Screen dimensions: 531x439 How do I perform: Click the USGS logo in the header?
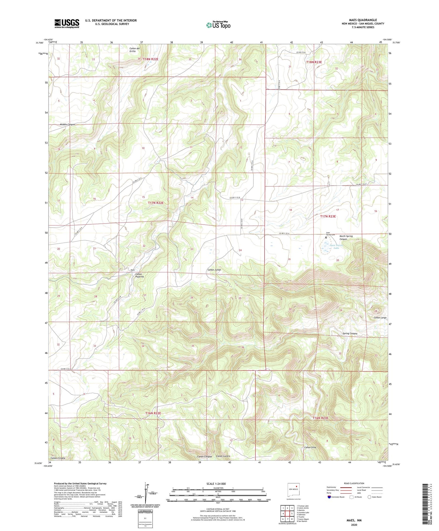tap(67, 23)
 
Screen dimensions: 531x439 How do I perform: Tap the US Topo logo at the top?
tap(218, 25)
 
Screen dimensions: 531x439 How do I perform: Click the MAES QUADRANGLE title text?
tap(363, 20)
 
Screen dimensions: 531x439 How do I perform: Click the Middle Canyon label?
tap(67, 124)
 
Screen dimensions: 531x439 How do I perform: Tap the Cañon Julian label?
tap(214, 270)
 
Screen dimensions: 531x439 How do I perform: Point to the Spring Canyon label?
tap(350, 334)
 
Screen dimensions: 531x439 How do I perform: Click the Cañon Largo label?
tap(380, 317)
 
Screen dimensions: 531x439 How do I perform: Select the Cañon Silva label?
tap(310, 448)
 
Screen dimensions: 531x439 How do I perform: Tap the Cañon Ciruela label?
tap(58, 458)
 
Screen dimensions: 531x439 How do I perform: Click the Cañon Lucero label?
tap(223, 456)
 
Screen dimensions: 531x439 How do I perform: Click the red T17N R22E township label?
tap(155, 203)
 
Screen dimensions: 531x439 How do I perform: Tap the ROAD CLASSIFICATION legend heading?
tap(354, 483)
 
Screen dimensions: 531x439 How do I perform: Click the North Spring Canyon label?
tap(346, 238)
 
